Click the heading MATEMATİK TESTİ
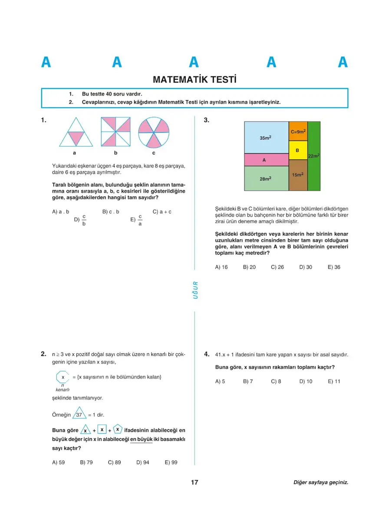(195, 80)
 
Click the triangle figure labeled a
(76, 132)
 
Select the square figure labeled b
(115, 132)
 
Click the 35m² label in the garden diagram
(266, 138)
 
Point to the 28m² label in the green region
(266, 178)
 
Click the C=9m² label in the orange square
(298, 131)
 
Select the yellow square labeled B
(298, 150)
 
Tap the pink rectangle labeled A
(264, 160)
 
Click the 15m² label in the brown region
(298, 175)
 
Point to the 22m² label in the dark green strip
(314, 155)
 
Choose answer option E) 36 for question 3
(334, 267)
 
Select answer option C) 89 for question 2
(114, 462)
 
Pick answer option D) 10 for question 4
(306, 381)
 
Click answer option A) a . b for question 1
(61, 212)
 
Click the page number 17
(194, 482)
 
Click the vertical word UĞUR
(195, 290)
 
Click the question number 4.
(207, 354)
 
